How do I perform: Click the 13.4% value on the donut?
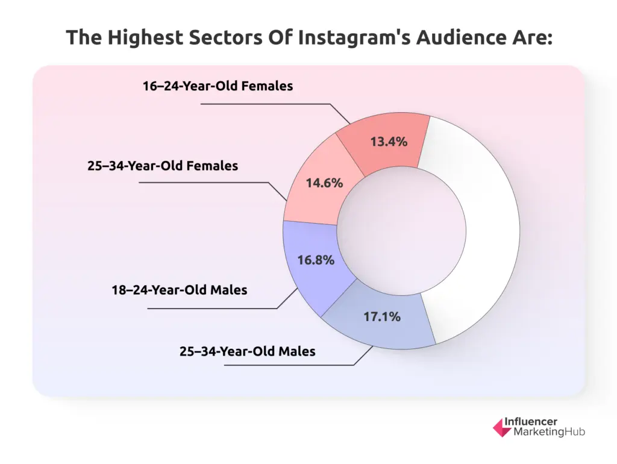coord(389,142)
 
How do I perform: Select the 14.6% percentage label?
coord(324,183)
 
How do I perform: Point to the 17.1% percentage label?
coord(382,316)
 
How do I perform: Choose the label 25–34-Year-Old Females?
coord(163,165)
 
